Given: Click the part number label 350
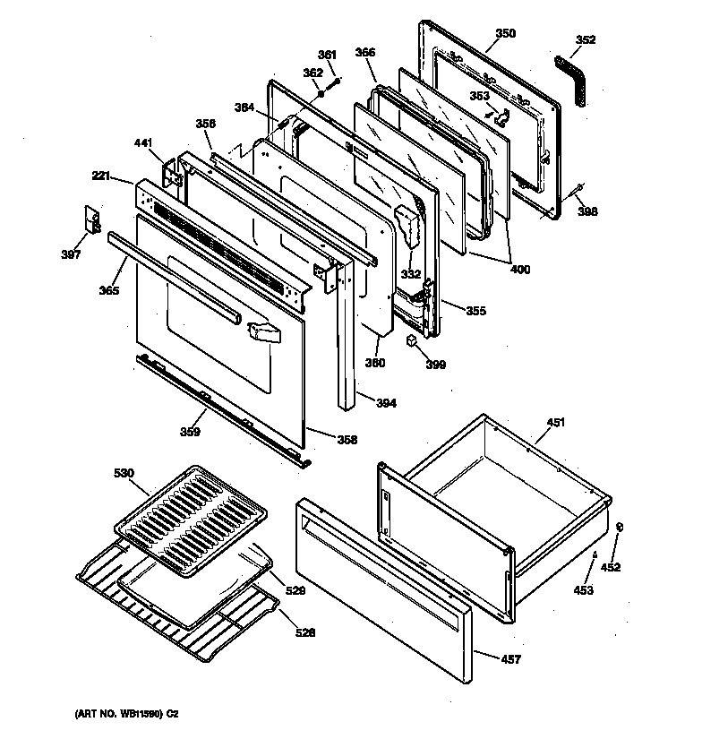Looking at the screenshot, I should tap(506, 33).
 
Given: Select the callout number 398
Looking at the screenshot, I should tap(587, 211).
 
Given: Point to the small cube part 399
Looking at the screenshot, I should tap(411, 341).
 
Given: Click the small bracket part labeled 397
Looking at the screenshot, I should tap(90, 218).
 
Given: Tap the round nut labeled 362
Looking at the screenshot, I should tap(320, 92).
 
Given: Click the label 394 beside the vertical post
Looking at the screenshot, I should tap(386, 403).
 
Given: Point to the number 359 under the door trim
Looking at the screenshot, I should tap(189, 432).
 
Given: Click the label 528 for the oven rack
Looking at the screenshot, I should tap(306, 633).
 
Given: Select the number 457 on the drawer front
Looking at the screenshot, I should tap(511, 660).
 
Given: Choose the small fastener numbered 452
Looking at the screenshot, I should tap(618, 528).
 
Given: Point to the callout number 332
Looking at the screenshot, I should tap(411, 274).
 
